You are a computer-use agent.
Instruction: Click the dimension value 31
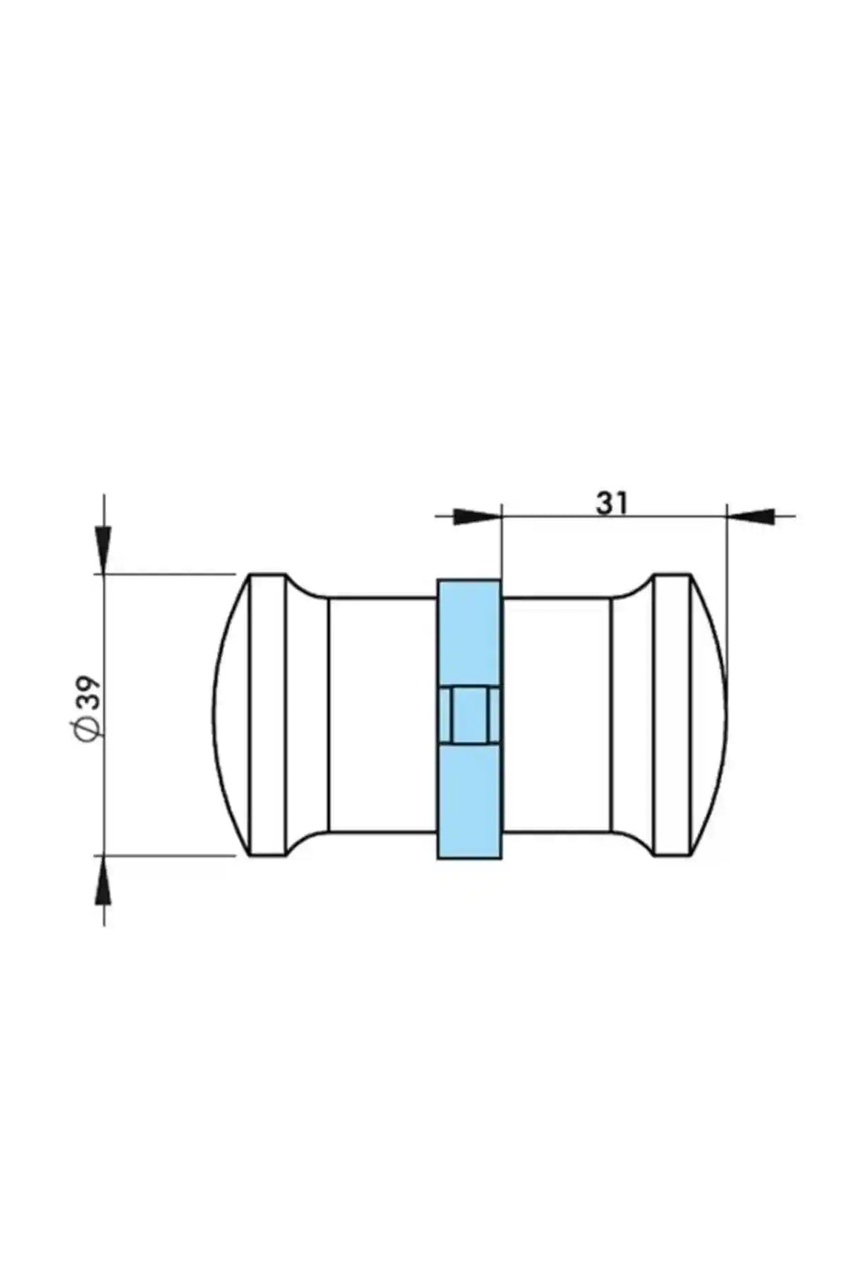click(x=612, y=503)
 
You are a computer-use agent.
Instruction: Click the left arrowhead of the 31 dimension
click(x=477, y=517)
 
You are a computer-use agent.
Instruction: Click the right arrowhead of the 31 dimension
click(x=751, y=517)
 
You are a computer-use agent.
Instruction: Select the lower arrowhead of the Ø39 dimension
click(x=104, y=879)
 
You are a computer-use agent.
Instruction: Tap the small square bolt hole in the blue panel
click(x=470, y=715)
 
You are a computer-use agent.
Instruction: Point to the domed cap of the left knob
click(x=232, y=715)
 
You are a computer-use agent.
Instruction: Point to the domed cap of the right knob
click(x=709, y=715)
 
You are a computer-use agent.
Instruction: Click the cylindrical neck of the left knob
click(x=383, y=715)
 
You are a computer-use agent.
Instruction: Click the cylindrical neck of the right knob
click(x=556, y=715)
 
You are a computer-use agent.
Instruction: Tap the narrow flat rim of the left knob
click(x=267, y=715)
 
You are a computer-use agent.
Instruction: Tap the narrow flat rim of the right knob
click(x=672, y=715)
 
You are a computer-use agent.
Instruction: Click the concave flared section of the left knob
click(x=307, y=715)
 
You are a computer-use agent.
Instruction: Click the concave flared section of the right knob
click(x=633, y=715)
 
